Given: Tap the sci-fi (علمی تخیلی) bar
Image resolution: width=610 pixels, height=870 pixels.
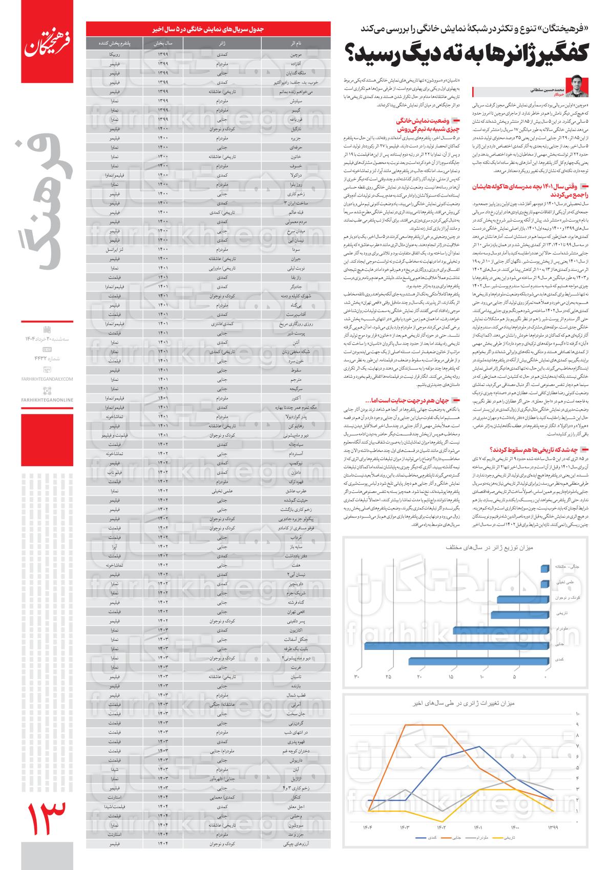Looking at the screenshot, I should pyautogui.click(x=545, y=582).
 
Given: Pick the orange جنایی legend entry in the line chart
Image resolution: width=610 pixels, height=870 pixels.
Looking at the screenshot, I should pyautogui.click(x=454, y=838).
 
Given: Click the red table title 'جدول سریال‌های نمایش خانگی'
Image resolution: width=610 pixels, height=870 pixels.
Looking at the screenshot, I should pyautogui.click(x=209, y=29).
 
